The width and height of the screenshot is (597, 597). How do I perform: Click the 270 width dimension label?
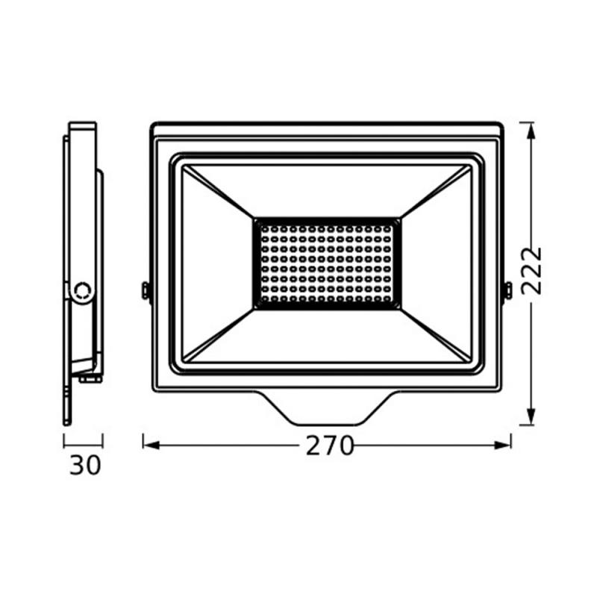pyautogui.click(x=330, y=446)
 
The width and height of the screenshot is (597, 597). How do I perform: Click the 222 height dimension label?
pyautogui.click(x=531, y=271)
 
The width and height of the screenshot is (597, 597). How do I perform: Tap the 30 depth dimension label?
pyautogui.click(x=85, y=465)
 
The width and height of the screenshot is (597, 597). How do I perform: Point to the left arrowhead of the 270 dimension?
pyautogui.click(x=151, y=446)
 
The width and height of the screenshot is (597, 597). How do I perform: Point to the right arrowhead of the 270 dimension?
pyautogui.click(x=502, y=446)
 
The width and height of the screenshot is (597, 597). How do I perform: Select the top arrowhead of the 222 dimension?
pyautogui.click(x=531, y=131)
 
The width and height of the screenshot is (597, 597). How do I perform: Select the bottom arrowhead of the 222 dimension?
pyautogui.click(x=531, y=416)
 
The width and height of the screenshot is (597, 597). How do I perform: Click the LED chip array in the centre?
pyautogui.click(x=327, y=263)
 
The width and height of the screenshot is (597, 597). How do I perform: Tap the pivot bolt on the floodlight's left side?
pyautogui.click(x=145, y=290)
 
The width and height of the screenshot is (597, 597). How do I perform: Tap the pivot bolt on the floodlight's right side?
pyautogui.click(x=508, y=290)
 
